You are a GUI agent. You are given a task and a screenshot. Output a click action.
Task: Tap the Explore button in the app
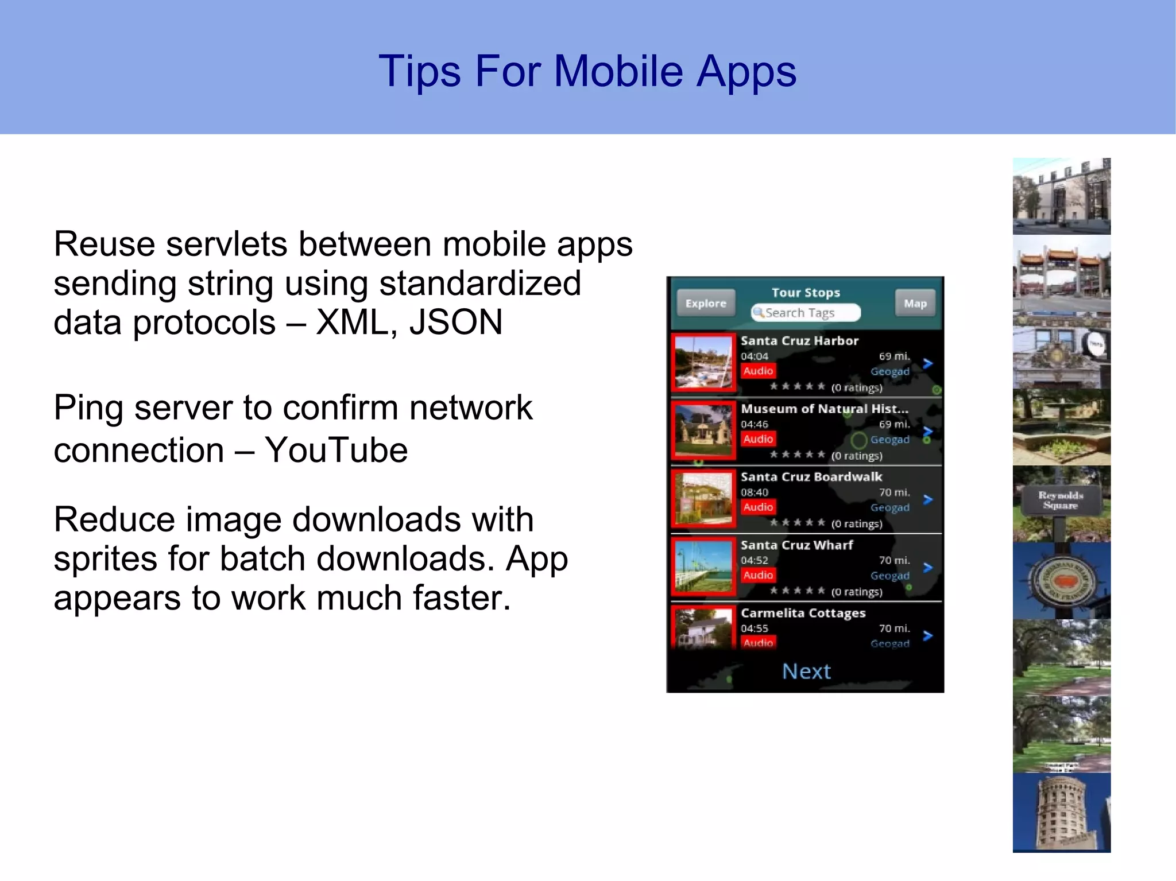706,303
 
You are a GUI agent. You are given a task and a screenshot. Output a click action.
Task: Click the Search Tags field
805,313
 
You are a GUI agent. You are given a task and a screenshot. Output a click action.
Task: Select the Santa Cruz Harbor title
799,340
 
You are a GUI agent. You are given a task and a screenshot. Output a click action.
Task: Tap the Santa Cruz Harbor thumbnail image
703,363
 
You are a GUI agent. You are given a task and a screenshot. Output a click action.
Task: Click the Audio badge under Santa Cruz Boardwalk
758,507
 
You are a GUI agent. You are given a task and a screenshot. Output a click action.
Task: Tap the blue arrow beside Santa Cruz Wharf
927,568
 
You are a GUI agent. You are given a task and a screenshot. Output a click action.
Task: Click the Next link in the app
806,671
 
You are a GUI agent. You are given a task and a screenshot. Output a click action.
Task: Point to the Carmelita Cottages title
803,613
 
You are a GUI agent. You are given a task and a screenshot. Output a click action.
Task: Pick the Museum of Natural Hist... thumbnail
703,430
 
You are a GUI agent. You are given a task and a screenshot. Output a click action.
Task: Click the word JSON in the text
456,322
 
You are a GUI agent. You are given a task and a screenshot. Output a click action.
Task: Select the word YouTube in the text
336,450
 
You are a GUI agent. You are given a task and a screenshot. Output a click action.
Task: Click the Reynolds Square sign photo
1061,503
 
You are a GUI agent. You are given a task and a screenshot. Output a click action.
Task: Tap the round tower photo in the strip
1061,812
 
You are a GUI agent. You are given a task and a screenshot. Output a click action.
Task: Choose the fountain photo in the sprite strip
1061,426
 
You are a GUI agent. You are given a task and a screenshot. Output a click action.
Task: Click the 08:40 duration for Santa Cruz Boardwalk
754,492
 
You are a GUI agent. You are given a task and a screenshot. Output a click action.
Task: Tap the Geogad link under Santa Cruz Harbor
889,371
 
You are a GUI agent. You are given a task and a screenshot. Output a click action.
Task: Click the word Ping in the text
88,408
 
